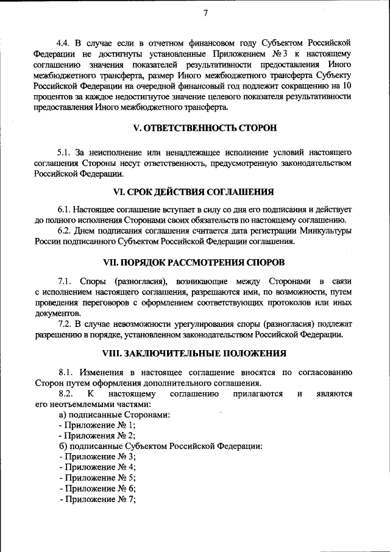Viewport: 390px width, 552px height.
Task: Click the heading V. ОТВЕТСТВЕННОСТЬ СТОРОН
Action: [x=205, y=129]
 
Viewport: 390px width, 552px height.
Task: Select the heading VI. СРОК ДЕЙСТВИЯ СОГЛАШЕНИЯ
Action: [x=205, y=192]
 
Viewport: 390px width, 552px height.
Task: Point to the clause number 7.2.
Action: [x=65, y=323]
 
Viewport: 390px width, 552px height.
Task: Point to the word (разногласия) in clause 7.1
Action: [x=141, y=281]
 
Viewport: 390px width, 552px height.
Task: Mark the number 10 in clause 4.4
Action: [x=347, y=86]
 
